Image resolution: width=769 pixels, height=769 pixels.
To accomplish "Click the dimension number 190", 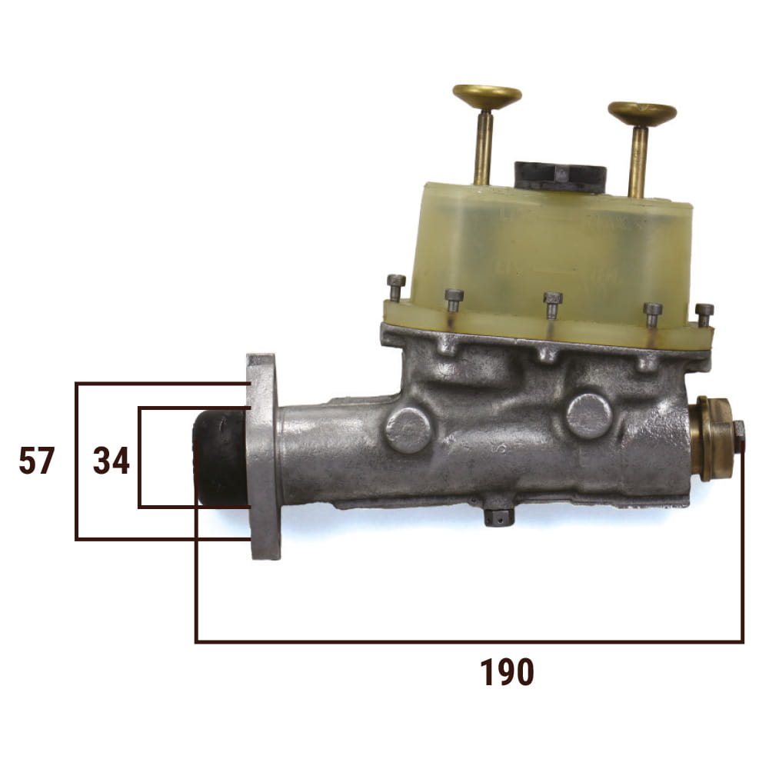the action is [507, 673].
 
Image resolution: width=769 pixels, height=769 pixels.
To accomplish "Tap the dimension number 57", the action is [36, 461].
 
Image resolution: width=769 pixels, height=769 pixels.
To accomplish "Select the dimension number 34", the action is [112, 461].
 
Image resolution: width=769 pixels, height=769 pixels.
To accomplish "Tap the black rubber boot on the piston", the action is [221, 458].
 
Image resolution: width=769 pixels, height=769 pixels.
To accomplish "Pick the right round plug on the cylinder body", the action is [589, 415].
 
